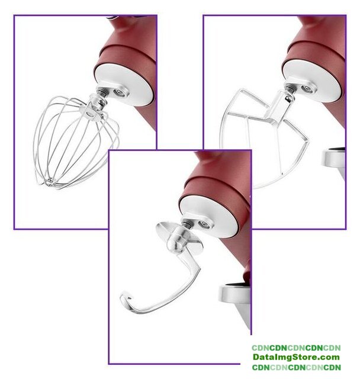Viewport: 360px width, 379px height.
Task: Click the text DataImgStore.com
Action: (296, 357)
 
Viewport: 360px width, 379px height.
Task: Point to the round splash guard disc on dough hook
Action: (179, 238)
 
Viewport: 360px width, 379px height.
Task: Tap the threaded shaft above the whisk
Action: (101, 92)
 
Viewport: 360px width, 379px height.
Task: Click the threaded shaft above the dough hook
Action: (187, 224)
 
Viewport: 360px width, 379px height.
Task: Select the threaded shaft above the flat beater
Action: (289, 88)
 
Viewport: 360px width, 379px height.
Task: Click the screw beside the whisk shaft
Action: (119, 92)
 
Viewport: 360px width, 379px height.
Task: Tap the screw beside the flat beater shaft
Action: (307, 89)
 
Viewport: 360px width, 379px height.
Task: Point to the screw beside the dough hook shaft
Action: (204, 224)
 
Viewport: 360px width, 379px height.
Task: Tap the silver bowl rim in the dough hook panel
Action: (234, 294)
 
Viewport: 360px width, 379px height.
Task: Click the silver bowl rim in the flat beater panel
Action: (333, 158)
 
